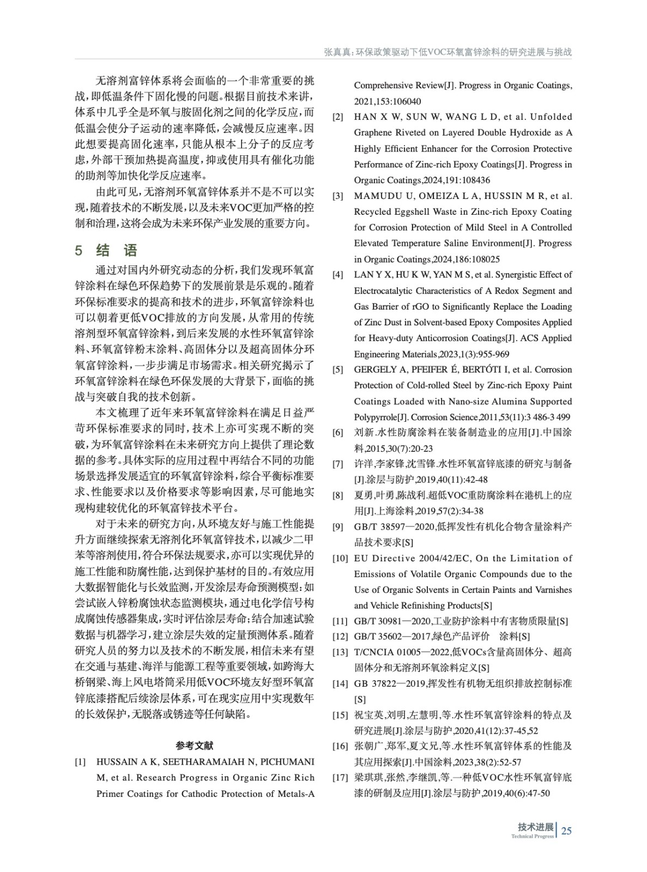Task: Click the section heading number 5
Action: click(x=79, y=251)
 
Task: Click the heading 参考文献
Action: click(x=195, y=746)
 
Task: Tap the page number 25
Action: click(x=566, y=831)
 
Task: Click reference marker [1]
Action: click(x=80, y=762)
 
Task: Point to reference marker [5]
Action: click(x=338, y=370)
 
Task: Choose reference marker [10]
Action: click(x=340, y=558)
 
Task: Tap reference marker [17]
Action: click(x=340, y=778)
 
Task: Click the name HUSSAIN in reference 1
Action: click(x=117, y=762)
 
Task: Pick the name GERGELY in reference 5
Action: click(x=375, y=370)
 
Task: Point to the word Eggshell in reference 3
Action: click(x=413, y=211)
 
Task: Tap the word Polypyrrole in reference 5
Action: click(x=375, y=417)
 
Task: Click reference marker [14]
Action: click(x=340, y=683)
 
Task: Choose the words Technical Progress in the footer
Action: click(x=532, y=836)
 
